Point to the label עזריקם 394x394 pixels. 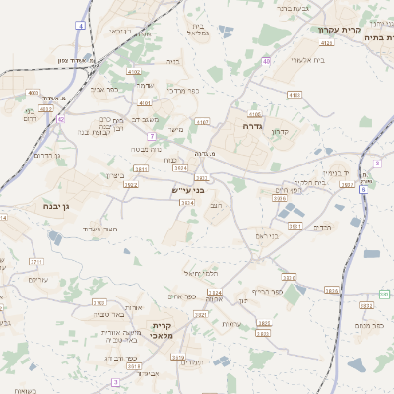[37, 280]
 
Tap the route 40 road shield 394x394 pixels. [266, 61]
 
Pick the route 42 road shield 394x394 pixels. [60, 119]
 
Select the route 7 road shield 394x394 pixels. [152, 135]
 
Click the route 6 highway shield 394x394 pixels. [362, 189]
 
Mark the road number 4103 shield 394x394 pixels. [295, 94]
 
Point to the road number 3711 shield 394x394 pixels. [36, 261]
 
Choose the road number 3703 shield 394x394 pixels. [98, 301]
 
